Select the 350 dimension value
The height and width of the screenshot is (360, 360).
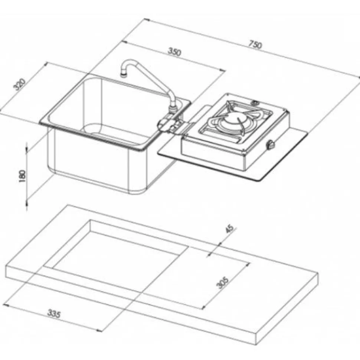(175, 52)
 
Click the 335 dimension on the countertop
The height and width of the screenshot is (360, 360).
(54, 313)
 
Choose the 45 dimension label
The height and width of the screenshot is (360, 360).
(229, 229)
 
